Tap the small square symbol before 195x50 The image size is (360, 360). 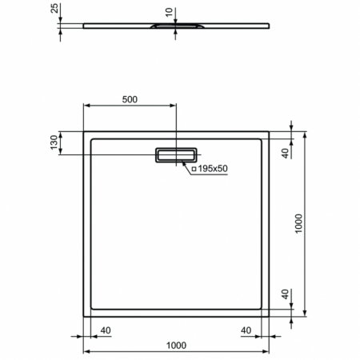coord(194,169)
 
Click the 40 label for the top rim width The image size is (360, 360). coord(286,152)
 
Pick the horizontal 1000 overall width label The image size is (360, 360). coord(176,345)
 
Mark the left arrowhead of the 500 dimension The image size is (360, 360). coord(87,107)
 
